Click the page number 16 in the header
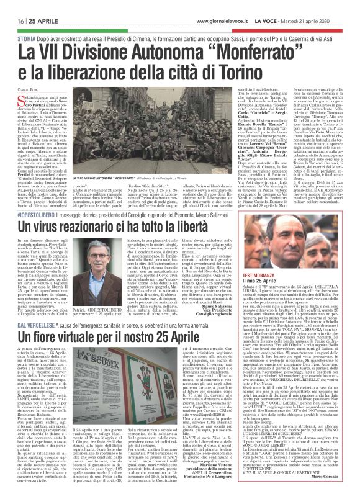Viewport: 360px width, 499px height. point(12,6)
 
